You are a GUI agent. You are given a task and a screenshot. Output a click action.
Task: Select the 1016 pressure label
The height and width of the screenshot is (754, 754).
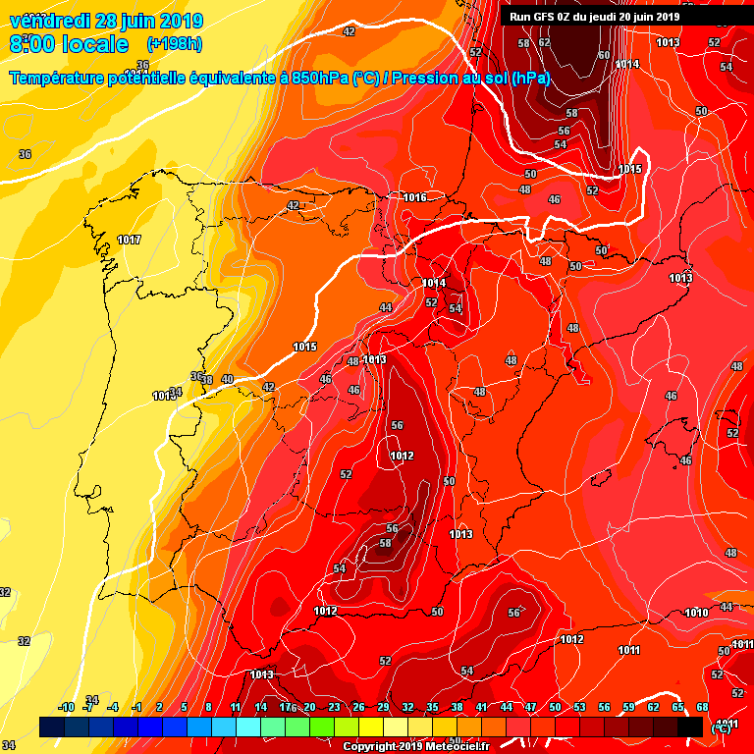tap(414, 197)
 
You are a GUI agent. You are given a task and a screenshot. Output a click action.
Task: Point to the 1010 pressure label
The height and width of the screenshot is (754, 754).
tap(696, 614)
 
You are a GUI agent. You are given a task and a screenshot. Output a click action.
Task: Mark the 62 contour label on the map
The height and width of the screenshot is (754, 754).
tap(544, 43)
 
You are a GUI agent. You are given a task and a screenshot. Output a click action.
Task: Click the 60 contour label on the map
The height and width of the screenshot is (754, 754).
tap(604, 55)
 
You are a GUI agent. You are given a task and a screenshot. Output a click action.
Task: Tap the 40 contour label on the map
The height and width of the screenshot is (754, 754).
tap(227, 379)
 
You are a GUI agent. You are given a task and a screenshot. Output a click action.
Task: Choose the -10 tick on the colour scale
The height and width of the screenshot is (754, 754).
tap(67, 708)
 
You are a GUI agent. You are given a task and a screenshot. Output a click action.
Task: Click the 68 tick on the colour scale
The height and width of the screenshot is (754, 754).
tap(702, 708)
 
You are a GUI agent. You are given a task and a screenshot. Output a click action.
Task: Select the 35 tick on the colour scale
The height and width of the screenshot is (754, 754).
tap(432, 708)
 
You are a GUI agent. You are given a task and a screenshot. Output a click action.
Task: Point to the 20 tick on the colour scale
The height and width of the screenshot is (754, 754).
tap(309, 708)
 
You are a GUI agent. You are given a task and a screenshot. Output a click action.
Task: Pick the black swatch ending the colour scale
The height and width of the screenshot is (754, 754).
tap(690, 727)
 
